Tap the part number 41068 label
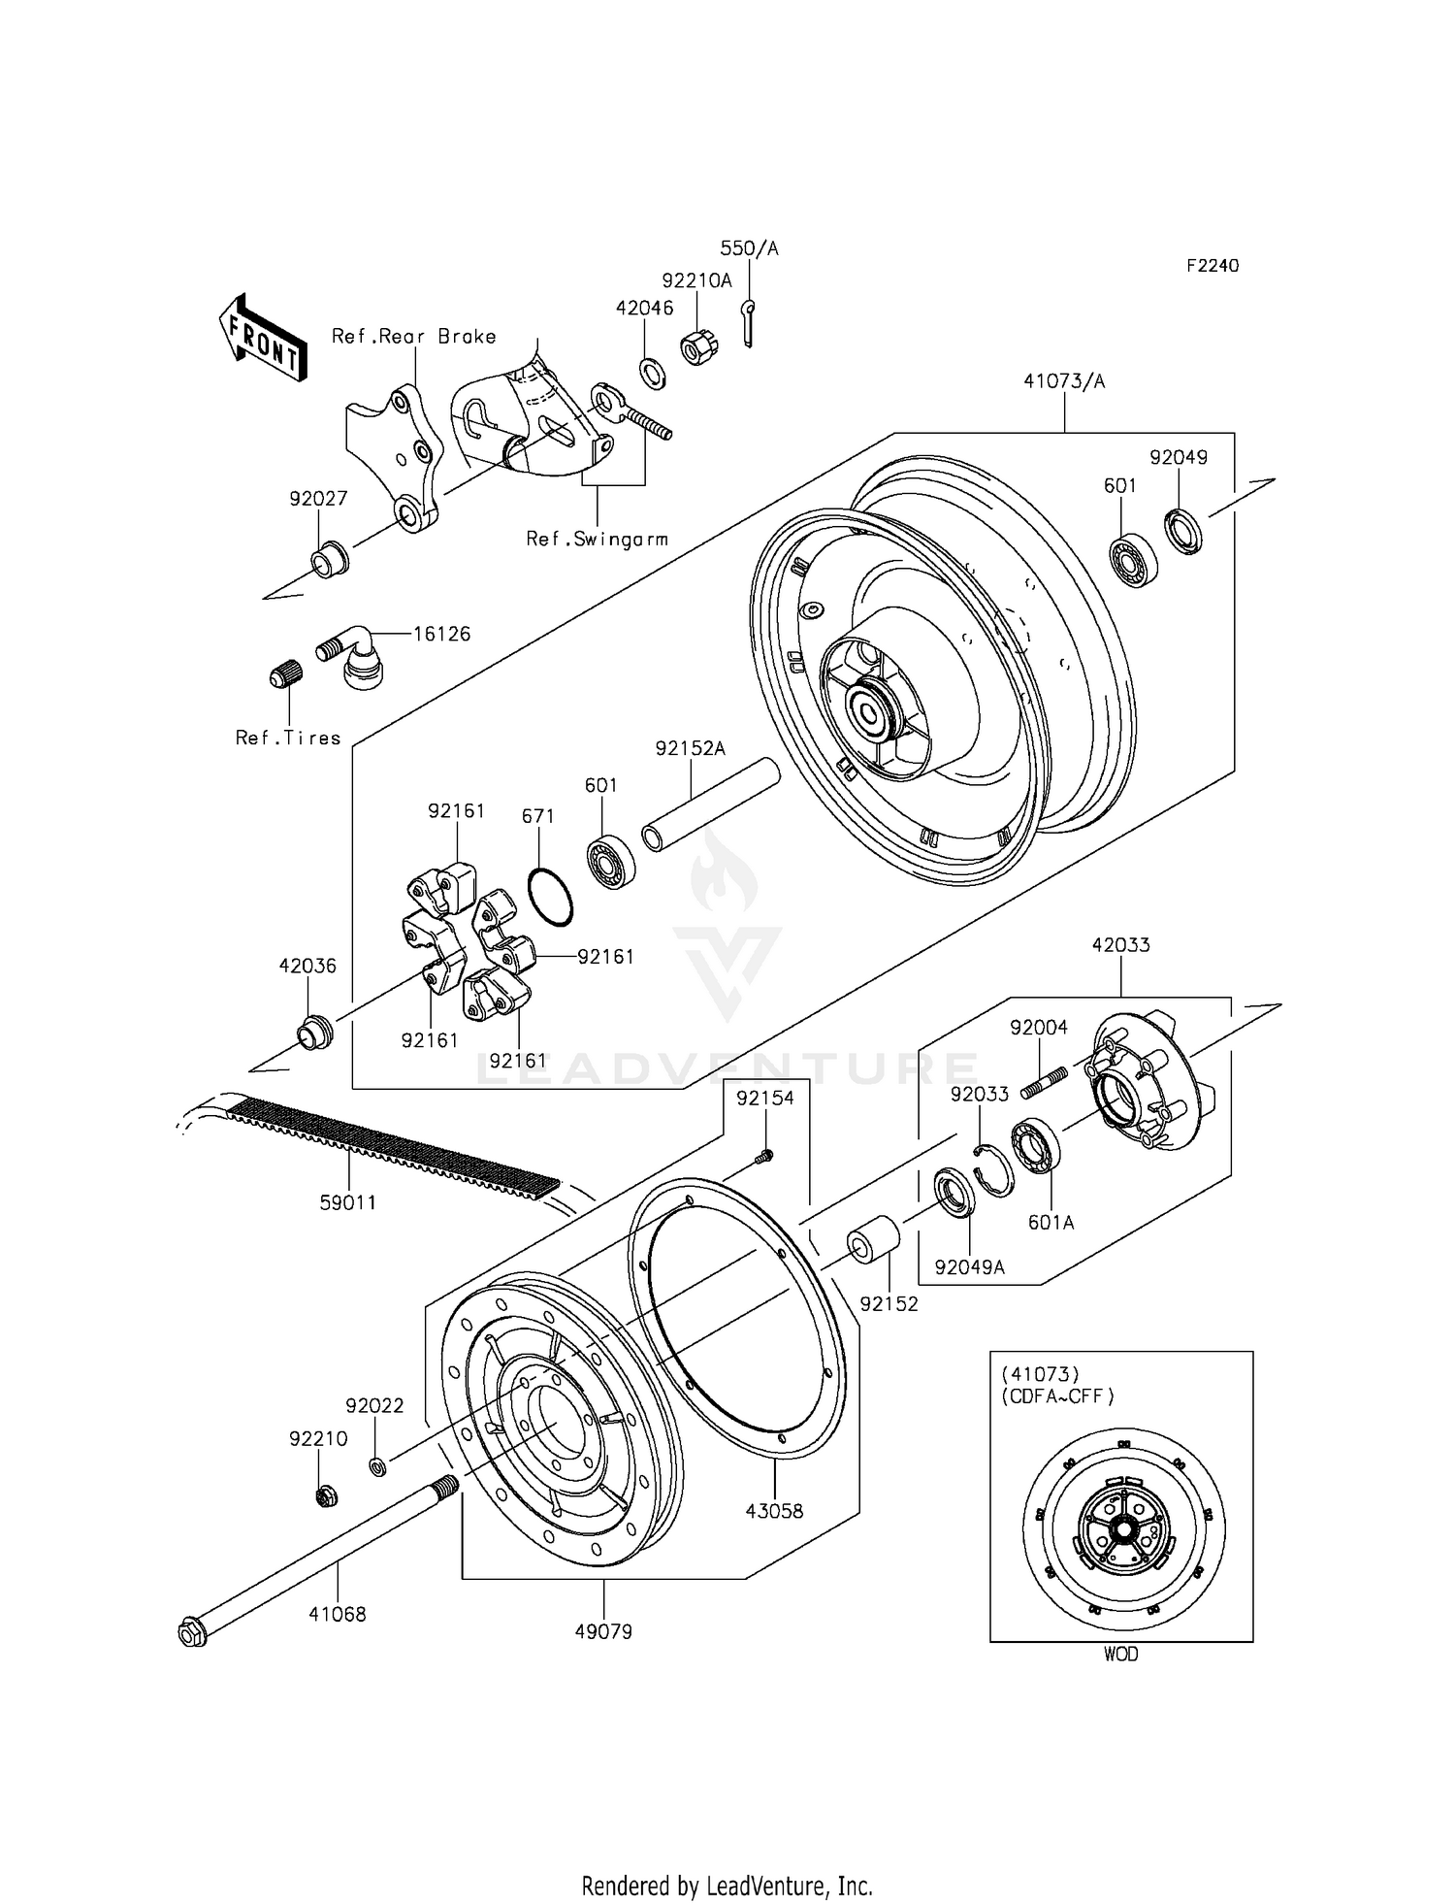tap(338, 1615)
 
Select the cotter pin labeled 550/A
tap(749, 322)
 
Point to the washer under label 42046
tap(652, 373)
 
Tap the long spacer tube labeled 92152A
tap(711, 804)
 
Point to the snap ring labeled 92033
tap(995, 1170)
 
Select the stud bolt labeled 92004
tap(1044, 1084)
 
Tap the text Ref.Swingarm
tap(597, 539)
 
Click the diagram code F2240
tap(1212, 265)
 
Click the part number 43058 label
tap(774, 1511)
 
